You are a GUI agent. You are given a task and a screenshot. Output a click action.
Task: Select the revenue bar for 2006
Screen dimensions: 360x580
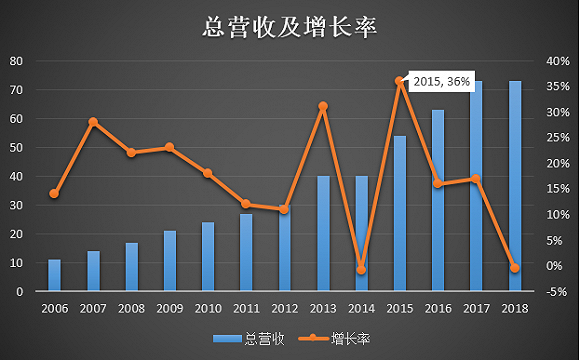coord(55,275)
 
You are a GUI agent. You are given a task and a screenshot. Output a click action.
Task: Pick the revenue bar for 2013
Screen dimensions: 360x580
coord(323,233)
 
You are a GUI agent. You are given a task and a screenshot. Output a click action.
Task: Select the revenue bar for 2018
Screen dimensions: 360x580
coord(515,186)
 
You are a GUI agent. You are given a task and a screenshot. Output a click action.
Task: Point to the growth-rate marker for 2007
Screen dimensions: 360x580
coord(93,122)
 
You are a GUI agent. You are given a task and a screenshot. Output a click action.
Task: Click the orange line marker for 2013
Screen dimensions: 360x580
coord(323,106)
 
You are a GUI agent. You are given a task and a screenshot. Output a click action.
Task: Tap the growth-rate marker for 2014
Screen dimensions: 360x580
coord(362,270)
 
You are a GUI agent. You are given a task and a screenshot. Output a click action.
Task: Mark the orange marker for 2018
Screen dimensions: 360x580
coord(515,267)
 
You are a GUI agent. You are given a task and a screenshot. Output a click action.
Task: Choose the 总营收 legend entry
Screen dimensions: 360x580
coord(250,339)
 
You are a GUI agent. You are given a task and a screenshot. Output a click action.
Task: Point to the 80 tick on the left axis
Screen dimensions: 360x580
coord(17,61)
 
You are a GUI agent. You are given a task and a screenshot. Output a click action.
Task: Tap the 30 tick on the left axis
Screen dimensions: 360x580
coord(17,205)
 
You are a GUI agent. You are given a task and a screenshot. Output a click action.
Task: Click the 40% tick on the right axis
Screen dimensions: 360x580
coord(557,61)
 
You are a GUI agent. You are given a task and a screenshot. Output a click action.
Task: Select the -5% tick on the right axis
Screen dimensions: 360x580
coord(557,291)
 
